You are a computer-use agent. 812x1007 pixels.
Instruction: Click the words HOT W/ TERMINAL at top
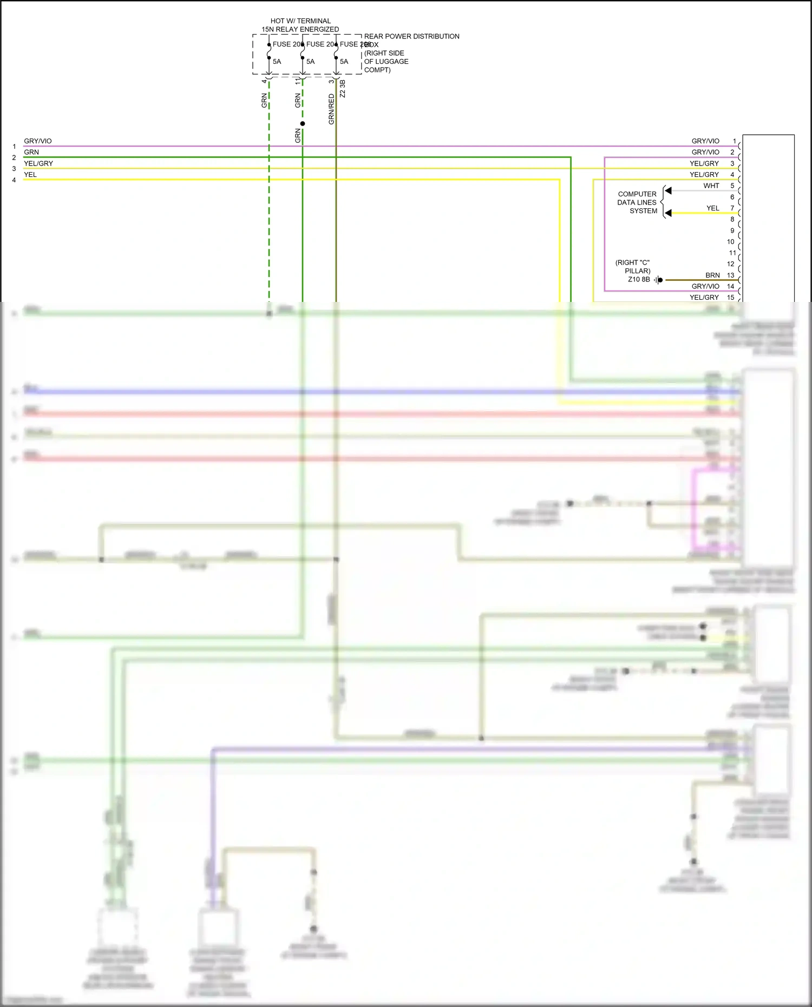300,21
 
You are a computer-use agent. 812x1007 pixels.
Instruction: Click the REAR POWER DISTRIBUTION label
411,36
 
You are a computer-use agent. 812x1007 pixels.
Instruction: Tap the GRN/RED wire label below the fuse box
332,109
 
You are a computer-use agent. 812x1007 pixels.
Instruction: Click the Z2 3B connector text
343,89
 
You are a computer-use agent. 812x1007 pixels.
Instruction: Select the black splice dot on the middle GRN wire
303,124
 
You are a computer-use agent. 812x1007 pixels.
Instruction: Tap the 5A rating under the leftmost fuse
277,62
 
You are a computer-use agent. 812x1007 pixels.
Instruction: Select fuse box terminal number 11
298,81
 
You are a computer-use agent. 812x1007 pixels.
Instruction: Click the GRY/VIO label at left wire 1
38,141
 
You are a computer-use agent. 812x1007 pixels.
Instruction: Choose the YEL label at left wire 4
30,175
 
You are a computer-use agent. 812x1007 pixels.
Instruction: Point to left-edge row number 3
14,169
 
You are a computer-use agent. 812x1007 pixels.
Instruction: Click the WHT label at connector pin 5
711,186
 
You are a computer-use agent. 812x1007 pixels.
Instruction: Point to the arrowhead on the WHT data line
669,191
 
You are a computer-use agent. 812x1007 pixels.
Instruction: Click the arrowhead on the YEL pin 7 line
669,213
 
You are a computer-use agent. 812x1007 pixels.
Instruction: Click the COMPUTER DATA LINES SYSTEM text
637,202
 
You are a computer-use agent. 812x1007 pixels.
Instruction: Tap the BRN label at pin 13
712,275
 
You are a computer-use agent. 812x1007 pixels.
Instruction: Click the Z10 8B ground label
639,280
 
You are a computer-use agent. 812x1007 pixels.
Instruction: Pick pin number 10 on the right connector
731,242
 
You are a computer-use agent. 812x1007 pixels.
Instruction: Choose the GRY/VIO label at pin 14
705,286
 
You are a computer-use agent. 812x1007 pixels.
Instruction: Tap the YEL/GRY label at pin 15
704,298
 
